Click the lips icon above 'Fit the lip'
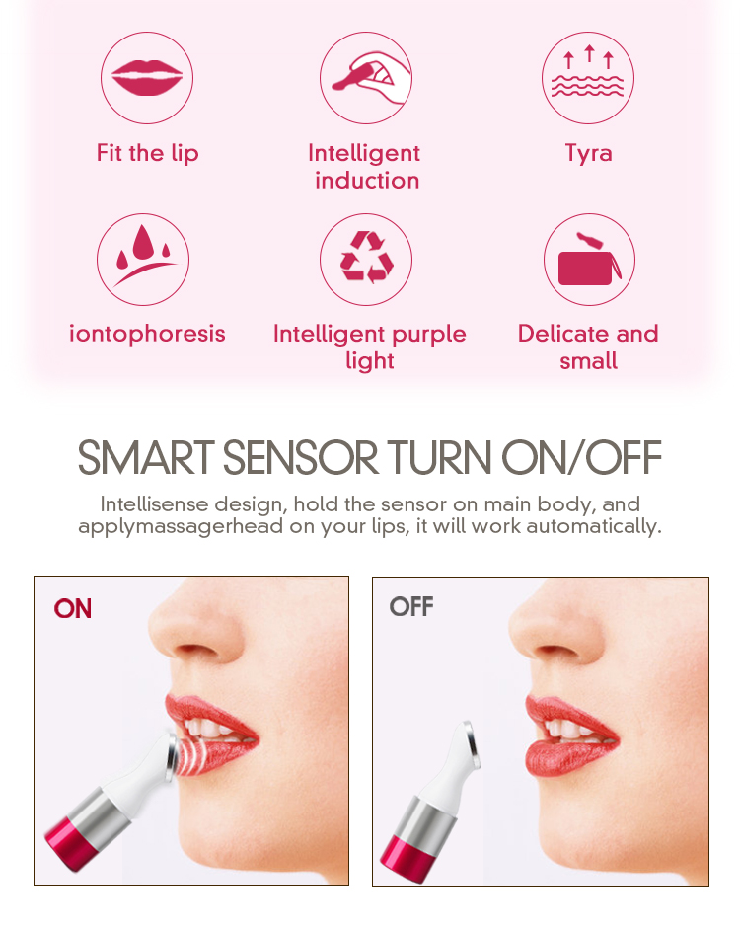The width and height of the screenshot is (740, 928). [x=147, y=78]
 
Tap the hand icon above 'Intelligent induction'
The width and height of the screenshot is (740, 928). [x=366, y=78]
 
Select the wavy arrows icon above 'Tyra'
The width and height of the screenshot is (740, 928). [x=588, y=78]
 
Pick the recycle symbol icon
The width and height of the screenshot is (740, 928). [x=366, y=260]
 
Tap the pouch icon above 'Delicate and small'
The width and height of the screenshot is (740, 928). [x=589, y=260]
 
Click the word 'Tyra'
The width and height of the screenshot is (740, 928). [x=588, y=153]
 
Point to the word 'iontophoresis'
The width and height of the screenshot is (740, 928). [x=147, y=334]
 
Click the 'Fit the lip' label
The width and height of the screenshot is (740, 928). [x=147, y=153]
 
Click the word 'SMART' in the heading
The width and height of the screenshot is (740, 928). [x=145, y=458]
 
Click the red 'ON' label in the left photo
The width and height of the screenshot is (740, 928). [x=73, y=608]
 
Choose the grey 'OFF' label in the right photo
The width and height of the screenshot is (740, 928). [x=411, y=606]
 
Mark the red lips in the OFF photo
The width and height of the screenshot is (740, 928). [x=567, y=735]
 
